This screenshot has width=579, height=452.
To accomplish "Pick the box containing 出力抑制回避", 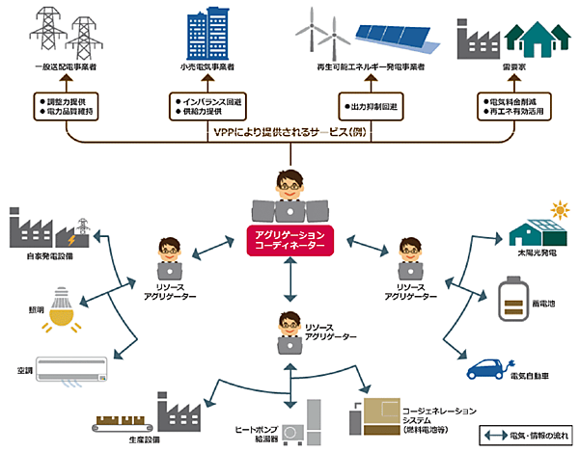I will click(x=371, y=106).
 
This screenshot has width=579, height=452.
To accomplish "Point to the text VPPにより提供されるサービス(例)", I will click(x=289, y=132).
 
